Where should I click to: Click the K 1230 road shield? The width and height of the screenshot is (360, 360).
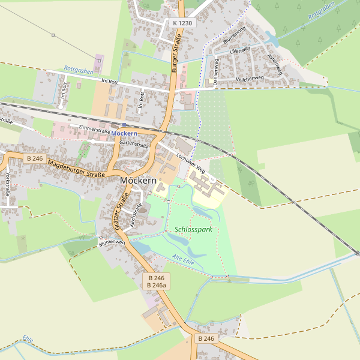click(x=183, y=23)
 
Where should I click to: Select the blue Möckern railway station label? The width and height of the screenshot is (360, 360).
click(x=124, y=133)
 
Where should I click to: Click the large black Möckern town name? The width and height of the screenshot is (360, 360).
click(x=138, y=180)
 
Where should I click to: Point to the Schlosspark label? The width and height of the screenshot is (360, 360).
click(x=194, y=230)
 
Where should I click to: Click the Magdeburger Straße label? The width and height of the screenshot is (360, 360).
click(x=76, y=168)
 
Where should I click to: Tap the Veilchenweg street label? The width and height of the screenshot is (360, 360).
click(x=250, y=79)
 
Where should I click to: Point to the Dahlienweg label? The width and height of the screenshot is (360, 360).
click(x=215, y=73)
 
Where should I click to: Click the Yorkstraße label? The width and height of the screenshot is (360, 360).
click(x=7, y=184)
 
